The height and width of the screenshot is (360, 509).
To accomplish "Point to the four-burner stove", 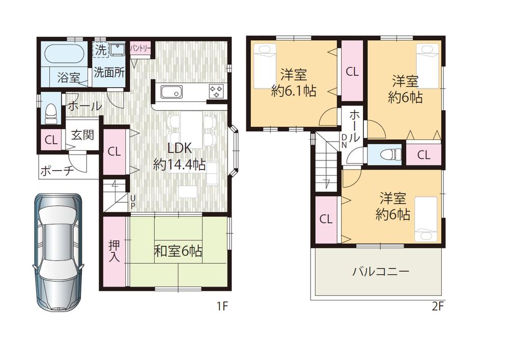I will pos(216,92).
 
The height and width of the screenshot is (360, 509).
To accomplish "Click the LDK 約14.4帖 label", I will pos(180,156).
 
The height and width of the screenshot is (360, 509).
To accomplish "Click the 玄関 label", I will pos(82,135).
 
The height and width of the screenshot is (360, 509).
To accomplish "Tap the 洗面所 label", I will pos(108,72).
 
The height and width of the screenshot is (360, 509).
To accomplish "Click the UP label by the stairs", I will pos(132,202).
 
